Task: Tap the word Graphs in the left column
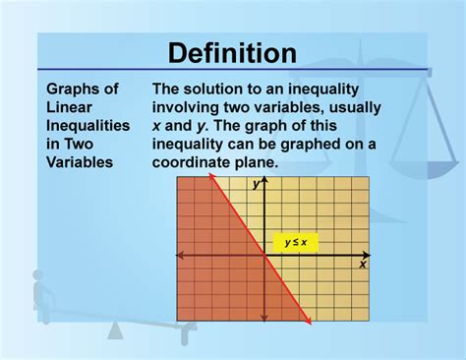coord(70,90)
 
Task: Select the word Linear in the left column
coord(67,108)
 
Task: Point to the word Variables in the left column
coord(80,162)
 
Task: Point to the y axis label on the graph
coord(255,184)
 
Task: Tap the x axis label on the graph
coord(362,264)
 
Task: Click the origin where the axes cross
coord(263,255)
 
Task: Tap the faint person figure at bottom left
coord(41,295)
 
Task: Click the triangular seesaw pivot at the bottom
coord(115,330)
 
